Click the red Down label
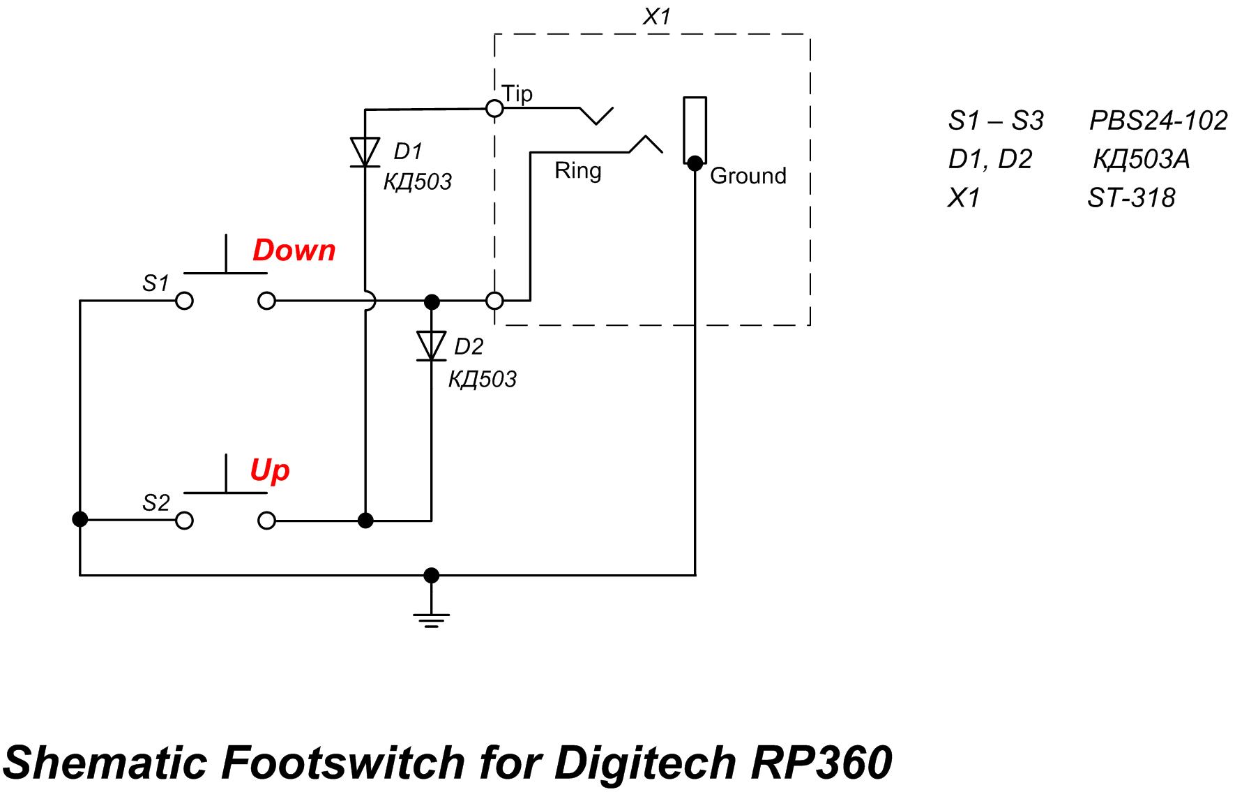(294, 251)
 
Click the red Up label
(269, 470)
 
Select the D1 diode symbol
(365, 152)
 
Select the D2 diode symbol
(431, 346)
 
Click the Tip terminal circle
(494, 109)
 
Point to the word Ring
(577, 171)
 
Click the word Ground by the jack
(748, 176)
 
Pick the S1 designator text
(156, 283)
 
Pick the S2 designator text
(156, 503)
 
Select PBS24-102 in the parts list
(1158, 121)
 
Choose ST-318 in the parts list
(1130, 199)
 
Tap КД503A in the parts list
(1141, 160)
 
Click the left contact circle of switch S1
(184, 301)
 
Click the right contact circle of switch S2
(266, 521)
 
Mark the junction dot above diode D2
(432, 301)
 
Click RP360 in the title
(821, 762)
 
